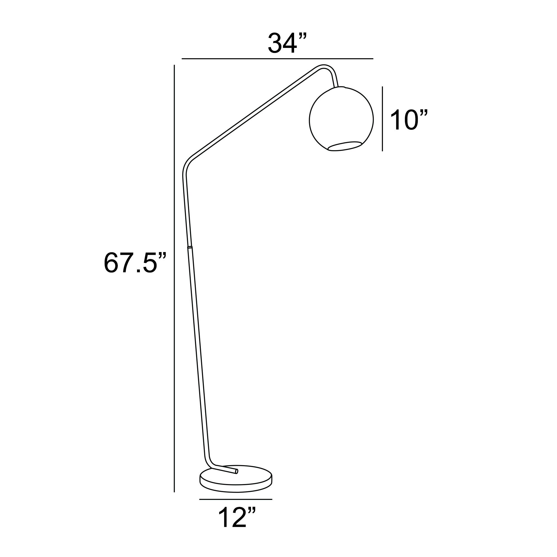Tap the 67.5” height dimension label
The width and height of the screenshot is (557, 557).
click(x=135, y=263)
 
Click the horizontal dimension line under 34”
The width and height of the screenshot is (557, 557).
click(x=277, y=59)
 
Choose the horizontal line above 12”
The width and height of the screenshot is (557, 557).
click(x=236, y=499)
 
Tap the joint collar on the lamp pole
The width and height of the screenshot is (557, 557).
click(x=189, y=247)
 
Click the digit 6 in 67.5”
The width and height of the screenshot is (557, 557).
click(x=111, y=263)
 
